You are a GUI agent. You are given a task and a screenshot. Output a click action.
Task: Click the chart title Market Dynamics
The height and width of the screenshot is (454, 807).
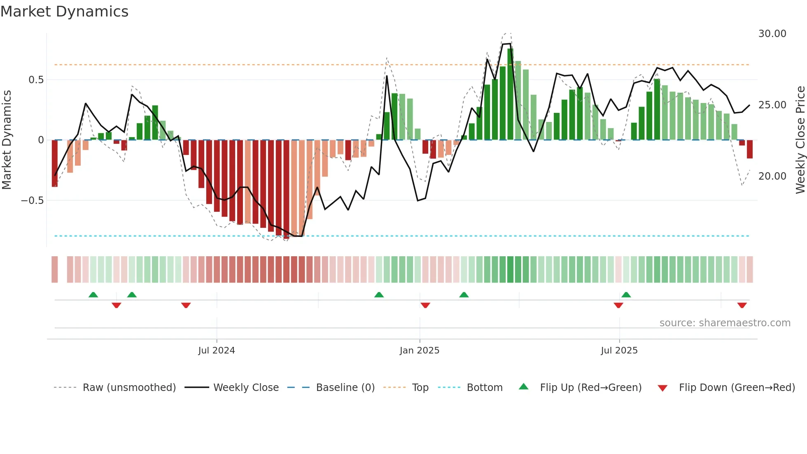[x=64, y=12]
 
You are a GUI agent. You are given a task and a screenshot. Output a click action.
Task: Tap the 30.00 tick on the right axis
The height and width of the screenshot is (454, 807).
[x=772, y=34]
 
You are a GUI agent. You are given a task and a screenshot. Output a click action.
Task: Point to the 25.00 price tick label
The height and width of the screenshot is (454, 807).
[x=772, y=105]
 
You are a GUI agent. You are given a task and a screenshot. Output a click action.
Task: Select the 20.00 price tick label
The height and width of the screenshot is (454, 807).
[x=772, y=176]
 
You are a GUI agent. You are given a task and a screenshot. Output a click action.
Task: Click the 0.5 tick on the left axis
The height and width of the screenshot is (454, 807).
[x=36, y=80]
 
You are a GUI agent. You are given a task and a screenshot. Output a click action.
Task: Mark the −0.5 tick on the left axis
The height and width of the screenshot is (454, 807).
[x=33, y=201]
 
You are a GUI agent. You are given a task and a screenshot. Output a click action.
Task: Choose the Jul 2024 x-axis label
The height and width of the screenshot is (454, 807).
[x=216, y=351]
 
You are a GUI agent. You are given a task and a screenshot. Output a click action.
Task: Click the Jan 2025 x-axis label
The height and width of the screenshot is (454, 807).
[x=419, y=351]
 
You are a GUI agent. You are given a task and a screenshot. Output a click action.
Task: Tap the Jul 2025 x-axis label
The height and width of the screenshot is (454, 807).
[x=619, y=351]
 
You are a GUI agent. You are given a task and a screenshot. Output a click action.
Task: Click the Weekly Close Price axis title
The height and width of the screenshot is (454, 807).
[x=800, y=140]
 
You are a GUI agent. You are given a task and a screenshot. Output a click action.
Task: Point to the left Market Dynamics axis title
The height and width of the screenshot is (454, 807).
[x=7, y=140]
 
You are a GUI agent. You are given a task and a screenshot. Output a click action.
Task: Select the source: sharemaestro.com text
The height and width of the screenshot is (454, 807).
[x=725, y=323]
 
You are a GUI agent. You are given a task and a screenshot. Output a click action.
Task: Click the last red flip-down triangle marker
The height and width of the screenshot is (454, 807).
[x=742, y=305]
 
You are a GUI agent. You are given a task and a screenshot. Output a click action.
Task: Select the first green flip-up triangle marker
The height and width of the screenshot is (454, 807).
[x=93, y=295]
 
